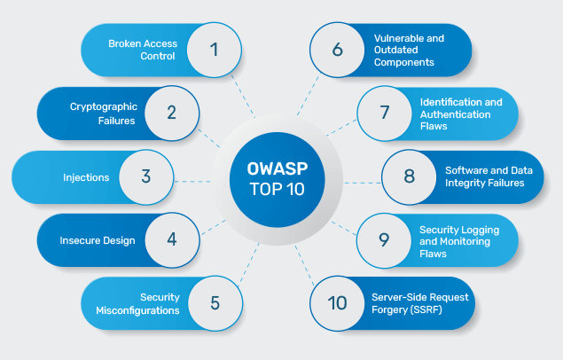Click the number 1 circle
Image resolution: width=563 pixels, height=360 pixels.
(214, 50)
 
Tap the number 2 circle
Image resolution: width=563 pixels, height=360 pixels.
(170, 113)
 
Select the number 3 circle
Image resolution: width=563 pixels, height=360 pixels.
(146, 176)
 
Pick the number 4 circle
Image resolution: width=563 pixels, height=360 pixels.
(171, 239)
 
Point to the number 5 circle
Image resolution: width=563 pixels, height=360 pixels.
(214, 302)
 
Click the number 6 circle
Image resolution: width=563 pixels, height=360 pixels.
(338, 50)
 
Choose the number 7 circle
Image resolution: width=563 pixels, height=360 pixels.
(384, 113)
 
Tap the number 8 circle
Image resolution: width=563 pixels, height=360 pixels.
(409, 176)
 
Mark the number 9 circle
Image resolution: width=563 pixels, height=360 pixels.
(384, 239)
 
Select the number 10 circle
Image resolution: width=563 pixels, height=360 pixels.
(338, 302)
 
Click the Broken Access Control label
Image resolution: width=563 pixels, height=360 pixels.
(143, 49)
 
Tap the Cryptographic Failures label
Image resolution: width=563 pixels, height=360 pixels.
(103, 113)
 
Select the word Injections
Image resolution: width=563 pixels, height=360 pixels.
(86, 176)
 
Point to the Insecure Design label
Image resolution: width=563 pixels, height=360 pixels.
(98, 239)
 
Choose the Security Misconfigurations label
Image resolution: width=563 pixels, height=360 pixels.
(138, 303)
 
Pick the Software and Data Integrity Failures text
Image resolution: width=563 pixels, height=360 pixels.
(484, 176)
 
